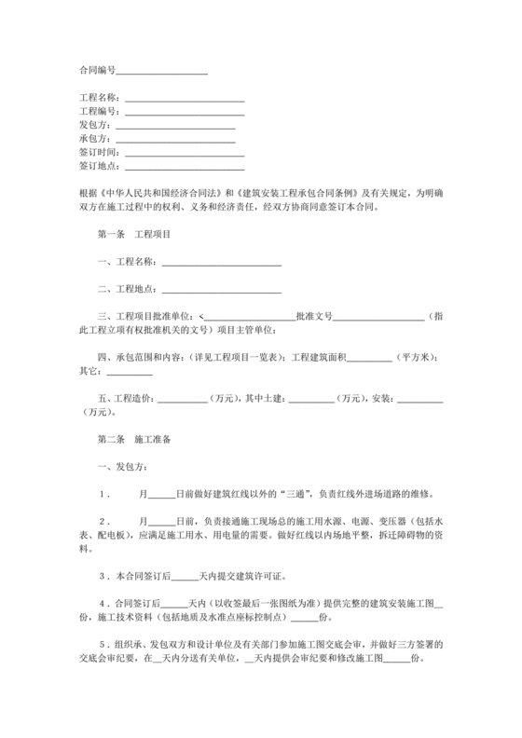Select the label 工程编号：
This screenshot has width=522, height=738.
click(x=99, y=111)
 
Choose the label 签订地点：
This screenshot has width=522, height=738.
click(x=99, y=167)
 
